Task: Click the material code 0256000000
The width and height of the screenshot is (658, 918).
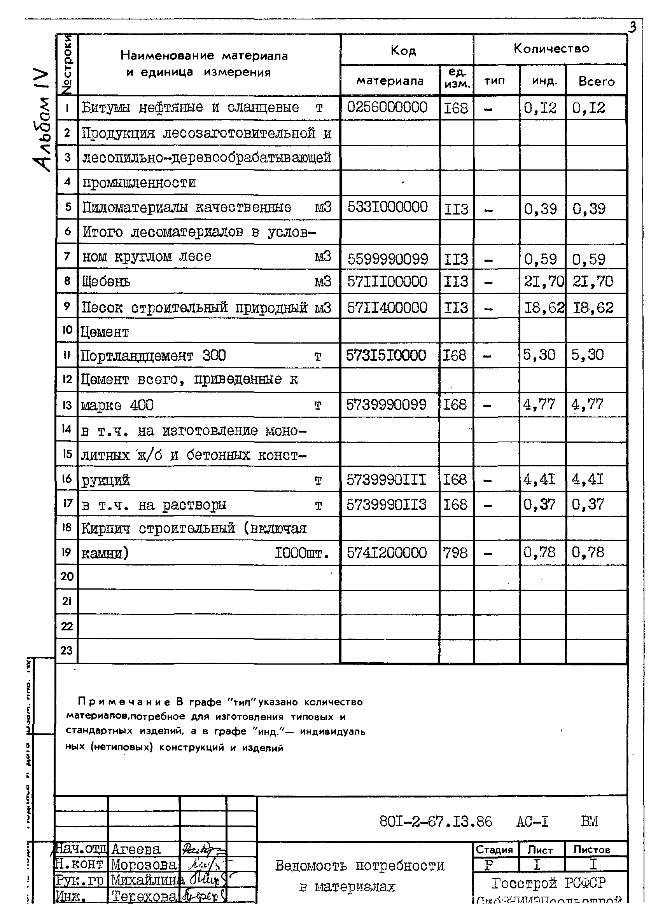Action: coord(387,107)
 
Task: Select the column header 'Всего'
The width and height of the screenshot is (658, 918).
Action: coord(596,81)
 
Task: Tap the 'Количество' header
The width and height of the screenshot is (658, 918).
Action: coord(551,49)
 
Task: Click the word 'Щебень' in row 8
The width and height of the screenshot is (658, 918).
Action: coord(106,281)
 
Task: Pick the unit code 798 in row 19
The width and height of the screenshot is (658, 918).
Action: coord(455,553)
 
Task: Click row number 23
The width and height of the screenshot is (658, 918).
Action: coord(66,651)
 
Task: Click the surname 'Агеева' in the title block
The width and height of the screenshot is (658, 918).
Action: coord(136,849)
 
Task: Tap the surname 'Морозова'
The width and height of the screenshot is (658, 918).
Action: coord(144,865)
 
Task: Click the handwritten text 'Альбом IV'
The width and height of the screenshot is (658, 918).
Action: coord(42,121)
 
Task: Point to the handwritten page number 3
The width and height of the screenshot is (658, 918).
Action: coord(632,27)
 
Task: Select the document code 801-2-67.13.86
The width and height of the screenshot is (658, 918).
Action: coord(435,821)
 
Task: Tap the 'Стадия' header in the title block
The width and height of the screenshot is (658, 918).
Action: coord(494,850)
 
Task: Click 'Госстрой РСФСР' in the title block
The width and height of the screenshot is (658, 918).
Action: coord(549,883)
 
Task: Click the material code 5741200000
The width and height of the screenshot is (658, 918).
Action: coord(387,553)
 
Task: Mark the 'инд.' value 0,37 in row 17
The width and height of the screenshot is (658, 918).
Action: coord(539,504)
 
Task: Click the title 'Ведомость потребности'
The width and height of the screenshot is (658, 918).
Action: coord(360,866)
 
